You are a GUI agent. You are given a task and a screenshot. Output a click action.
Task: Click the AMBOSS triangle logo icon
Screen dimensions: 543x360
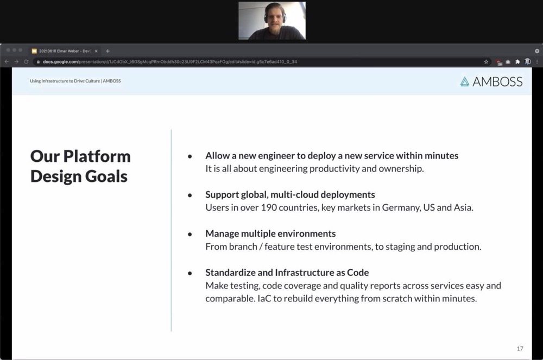point(464,81)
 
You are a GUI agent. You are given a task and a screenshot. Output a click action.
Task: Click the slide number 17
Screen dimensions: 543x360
point(520,349)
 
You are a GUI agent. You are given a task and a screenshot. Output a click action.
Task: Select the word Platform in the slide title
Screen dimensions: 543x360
point(97,156)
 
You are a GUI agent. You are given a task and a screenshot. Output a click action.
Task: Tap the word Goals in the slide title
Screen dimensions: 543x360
point(106,176)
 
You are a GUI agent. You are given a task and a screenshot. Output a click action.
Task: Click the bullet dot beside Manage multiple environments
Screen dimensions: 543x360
point(190,235)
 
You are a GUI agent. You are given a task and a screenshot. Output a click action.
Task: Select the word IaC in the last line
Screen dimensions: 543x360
point(264,299)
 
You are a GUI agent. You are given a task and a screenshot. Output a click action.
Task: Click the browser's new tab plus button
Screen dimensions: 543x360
point(108,51)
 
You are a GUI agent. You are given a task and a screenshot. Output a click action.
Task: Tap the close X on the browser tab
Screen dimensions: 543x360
point(96,51)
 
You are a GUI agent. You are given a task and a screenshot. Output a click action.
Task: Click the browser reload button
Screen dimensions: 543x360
point(26,61)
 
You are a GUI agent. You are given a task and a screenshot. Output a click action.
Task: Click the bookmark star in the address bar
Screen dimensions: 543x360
point(486,61)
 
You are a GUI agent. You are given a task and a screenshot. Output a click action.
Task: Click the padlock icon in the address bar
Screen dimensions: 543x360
point(38,61)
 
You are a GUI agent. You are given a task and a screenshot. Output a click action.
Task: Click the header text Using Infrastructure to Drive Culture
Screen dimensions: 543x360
point(65,81)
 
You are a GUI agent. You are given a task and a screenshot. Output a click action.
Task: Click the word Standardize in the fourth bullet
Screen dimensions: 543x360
point(230,273)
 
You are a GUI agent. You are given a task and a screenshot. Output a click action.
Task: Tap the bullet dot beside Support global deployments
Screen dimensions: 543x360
point(190,195)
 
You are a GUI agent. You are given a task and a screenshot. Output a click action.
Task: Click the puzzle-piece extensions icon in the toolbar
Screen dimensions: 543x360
point(517,61)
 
